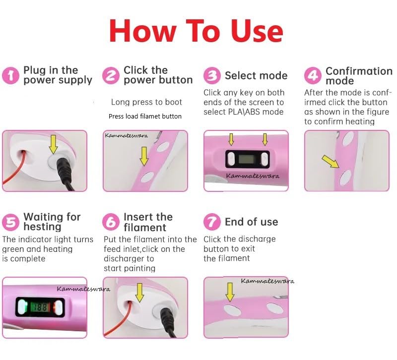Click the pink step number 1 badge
pos(10,76)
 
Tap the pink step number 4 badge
pos(313,76)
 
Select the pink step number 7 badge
pos(212,222)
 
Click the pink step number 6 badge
pos(111,222)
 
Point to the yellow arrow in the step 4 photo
pos(331,162)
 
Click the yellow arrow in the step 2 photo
pos(144,157)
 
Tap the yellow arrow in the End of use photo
pos(230,292)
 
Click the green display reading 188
pos(40,307)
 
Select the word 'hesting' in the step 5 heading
pos(42,227)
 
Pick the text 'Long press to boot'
pos(146,102)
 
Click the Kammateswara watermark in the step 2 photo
pos(127,135)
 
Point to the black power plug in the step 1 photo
pos(65,172)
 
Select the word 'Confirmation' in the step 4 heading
pos(359,71)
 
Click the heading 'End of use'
pos(252,222)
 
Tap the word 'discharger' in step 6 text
pos(129,259)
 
